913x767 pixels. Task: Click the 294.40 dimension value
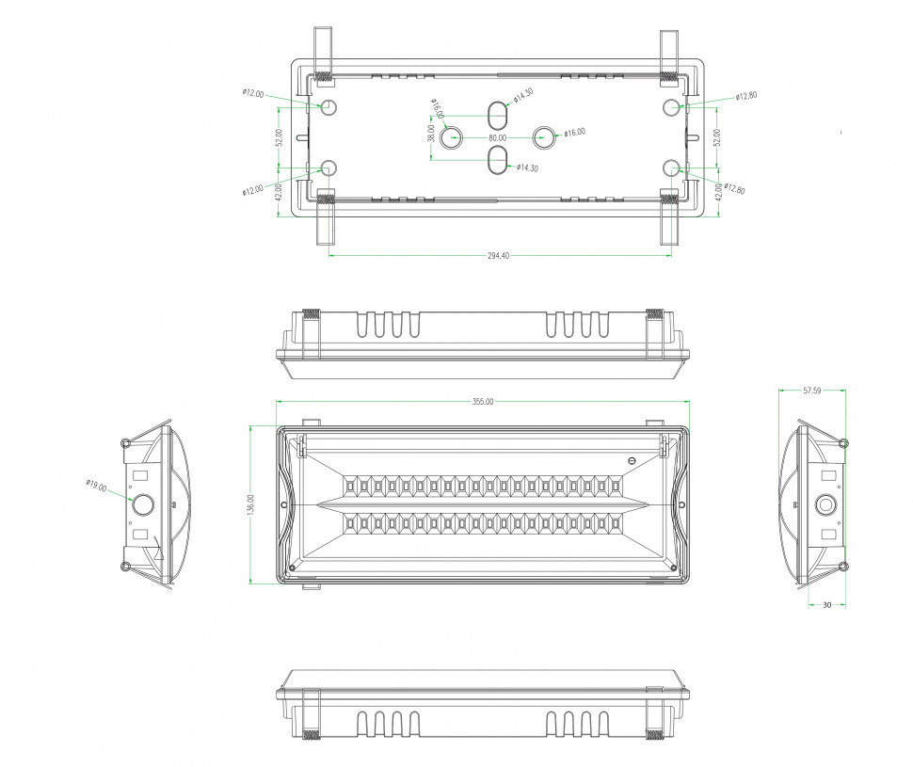pos(499,256)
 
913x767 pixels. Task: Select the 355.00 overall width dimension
pos(482,402)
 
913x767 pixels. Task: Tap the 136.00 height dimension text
pos(250,505)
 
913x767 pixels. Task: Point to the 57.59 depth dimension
pos(812,391)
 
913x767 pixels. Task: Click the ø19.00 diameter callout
pos(96,486)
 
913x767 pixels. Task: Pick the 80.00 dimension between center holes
pos(497,138)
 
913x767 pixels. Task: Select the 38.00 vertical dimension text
pos(431,134)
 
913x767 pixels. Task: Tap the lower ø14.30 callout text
pos(527,168)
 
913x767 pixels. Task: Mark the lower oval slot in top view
pos(497,160)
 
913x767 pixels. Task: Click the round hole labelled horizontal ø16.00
pos(544,137)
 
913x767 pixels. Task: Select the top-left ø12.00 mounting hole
pos(329,106)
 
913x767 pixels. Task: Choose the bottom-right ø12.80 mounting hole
pos(670,168)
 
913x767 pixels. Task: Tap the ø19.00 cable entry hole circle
pos(143,504)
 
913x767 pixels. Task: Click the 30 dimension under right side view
pos(826,605)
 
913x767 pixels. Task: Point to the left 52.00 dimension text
pos(279,138)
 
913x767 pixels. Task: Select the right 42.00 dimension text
pos(718,193)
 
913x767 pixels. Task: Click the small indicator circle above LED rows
pos(633,460)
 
